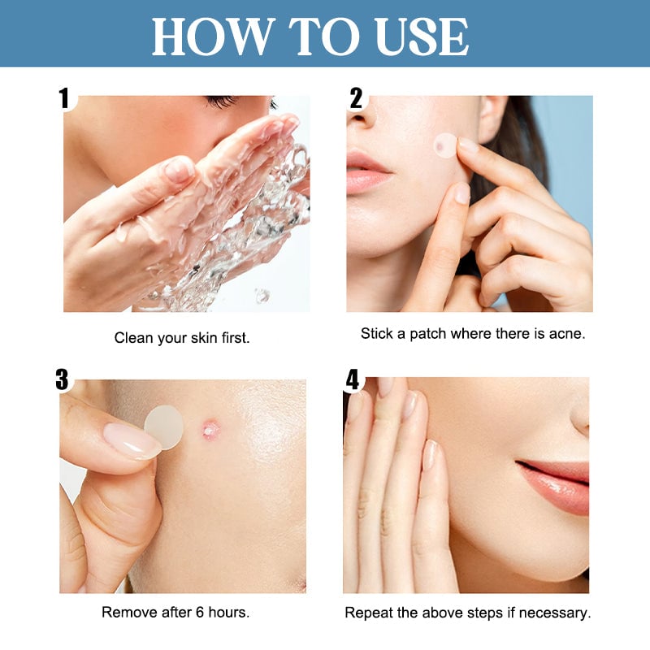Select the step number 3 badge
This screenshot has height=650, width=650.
(63, 379)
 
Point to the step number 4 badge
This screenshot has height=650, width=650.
(353, 379)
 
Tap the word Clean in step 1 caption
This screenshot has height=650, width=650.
(132, 337)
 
